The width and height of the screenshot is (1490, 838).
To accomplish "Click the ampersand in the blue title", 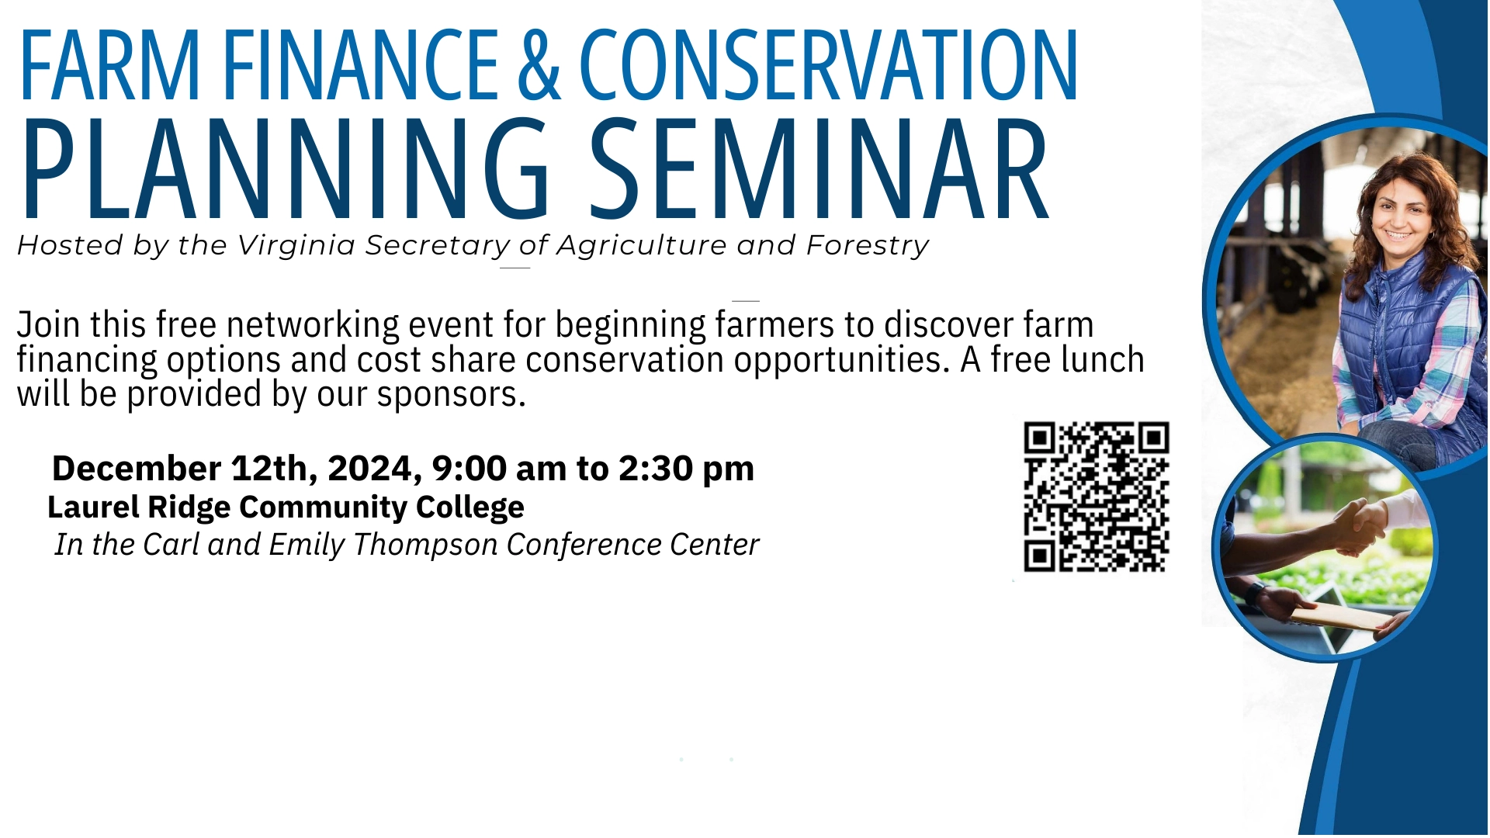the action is (x=539, y=65).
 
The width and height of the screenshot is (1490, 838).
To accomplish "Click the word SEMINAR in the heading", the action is (x=819, y=168).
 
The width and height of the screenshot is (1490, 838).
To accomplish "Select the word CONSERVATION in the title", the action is (x=829, y=65).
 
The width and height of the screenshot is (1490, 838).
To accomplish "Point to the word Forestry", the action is (x=868, y=246).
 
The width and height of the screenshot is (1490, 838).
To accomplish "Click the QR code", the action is (x=1097, y=497).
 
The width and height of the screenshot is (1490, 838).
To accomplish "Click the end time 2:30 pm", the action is (x=686, y=469).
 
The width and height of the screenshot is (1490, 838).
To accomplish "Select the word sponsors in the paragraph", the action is (x=451, y=395).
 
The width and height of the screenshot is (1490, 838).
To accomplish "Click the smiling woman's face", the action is (x=1402, y=214).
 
